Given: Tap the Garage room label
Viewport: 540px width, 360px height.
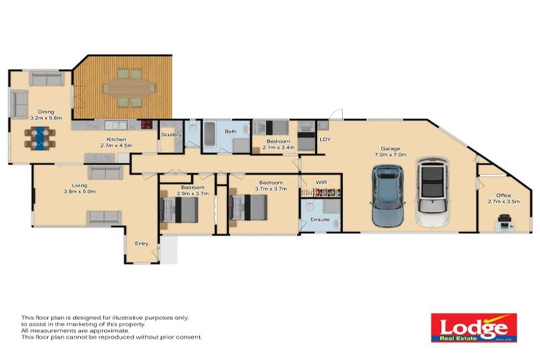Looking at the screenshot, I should point(390,149).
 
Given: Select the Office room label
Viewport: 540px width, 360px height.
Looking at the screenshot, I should point(499,195).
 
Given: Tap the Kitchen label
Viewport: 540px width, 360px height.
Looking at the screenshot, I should point(116,139).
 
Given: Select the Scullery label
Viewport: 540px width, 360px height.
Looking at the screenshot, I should point(172,134).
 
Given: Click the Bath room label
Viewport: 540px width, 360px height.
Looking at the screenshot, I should point(231,131).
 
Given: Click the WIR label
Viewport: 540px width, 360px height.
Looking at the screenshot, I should point(321,181).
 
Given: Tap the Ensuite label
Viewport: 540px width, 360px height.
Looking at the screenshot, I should point(320,219).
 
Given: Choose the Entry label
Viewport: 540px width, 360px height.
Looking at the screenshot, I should point(141,243).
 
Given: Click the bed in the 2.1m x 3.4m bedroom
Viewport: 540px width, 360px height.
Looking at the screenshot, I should point(271,127).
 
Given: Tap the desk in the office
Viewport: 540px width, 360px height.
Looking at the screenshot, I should point(505,224).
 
